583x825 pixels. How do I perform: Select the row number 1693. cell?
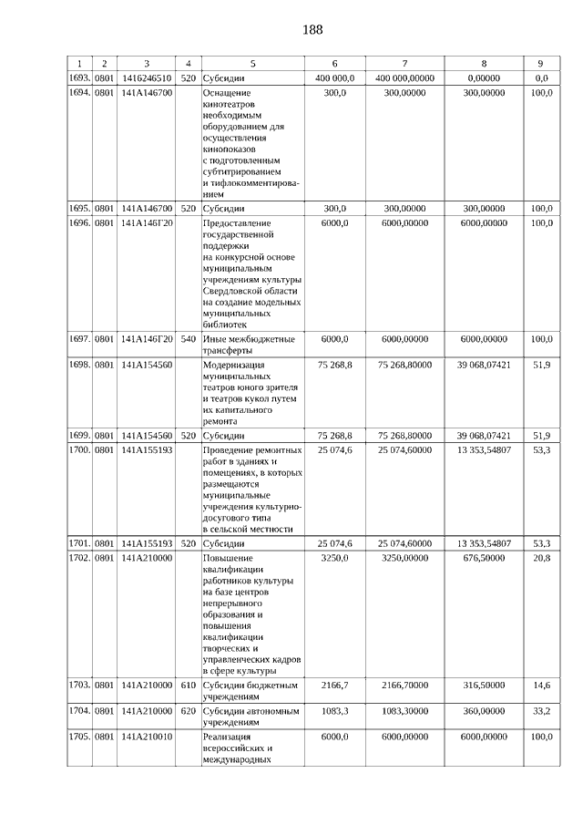point(81,78)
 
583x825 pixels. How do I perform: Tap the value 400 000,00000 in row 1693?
point(404,78)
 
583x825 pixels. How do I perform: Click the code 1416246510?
point(147,78)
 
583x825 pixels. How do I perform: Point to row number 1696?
point(81,222)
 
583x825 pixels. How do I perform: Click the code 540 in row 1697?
point(188,339)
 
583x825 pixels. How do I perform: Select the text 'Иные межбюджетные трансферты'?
point(248,345)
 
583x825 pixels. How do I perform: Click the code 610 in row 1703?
point(188,684)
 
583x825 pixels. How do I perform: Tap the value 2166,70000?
point(404,684)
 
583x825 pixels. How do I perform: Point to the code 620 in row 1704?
point(188,709)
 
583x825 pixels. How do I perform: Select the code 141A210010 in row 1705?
point(147,737)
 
